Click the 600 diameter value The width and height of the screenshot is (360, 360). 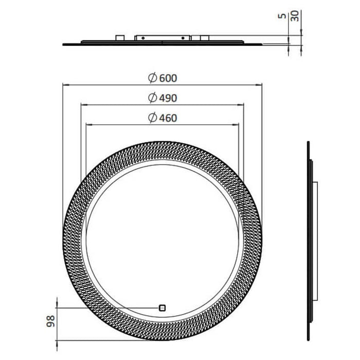[x=168, y=78]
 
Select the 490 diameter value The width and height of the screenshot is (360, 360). [x=168, y=98]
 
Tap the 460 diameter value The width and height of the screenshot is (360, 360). [x=168, y=118]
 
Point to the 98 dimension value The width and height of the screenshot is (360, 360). [x=51, y=321]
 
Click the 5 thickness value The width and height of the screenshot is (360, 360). [x=282, y=16]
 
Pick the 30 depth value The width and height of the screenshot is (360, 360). [x=295, y=16]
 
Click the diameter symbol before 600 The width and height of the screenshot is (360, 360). [x=152, y=78]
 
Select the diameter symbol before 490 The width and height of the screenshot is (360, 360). [x=152, y=98]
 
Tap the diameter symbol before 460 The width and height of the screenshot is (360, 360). [x=152, y=118]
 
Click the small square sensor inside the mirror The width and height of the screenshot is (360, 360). [x=163, y=308]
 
